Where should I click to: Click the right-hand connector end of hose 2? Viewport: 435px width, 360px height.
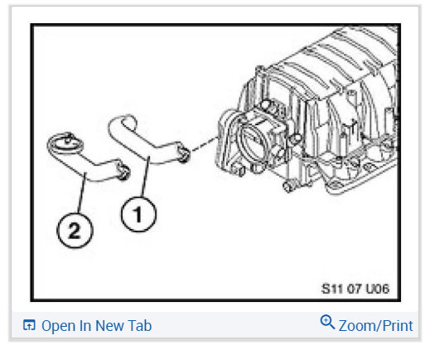pos(122,172)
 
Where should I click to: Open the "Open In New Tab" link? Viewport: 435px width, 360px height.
pos(96,325)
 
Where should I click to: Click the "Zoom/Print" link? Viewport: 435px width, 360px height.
pos(375,325)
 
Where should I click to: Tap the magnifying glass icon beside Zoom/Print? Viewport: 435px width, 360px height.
pos(327,324)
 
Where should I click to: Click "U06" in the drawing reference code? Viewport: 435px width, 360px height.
pos(374,289)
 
